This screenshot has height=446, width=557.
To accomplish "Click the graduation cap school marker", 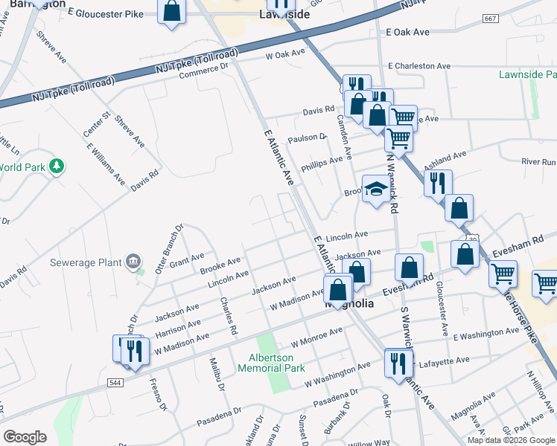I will [376, 190].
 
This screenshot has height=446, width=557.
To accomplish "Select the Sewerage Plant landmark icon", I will [133, 260].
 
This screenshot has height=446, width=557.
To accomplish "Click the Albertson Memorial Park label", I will [276, 362].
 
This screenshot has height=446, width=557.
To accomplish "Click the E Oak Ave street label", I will [408, 33].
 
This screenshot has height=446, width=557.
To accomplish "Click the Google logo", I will [25, 437].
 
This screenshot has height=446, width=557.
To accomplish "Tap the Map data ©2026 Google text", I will [512, 440].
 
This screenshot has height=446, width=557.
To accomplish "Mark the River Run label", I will [538, 161].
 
